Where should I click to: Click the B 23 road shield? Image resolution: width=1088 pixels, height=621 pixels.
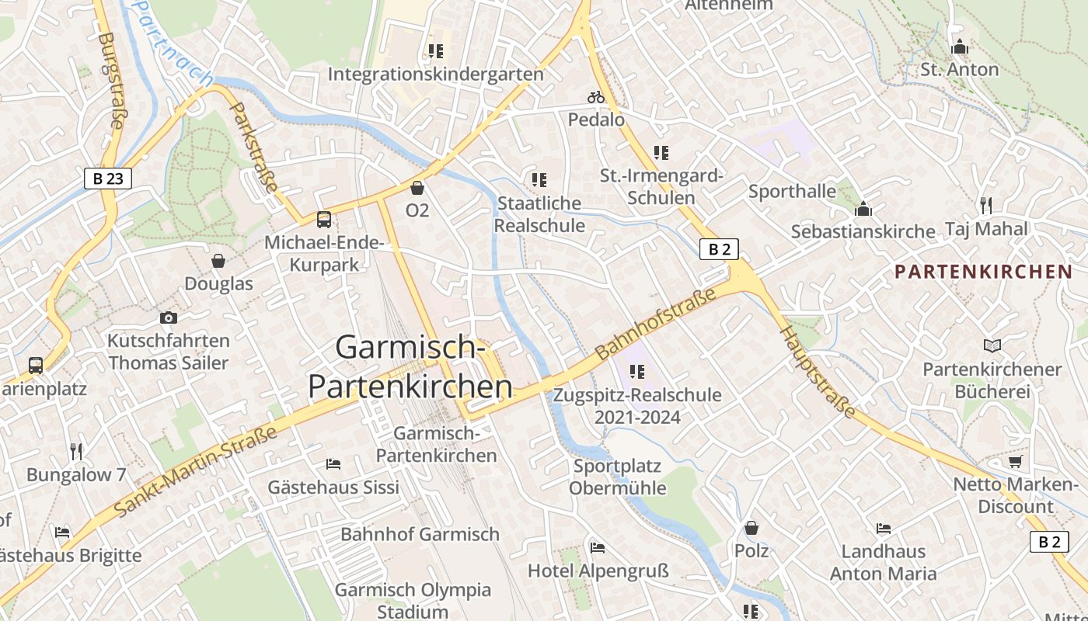(x=107, y=179)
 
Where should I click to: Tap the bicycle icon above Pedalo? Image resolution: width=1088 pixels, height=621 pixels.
(x=596, y=97)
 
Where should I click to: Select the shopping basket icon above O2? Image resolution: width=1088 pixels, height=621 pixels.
(x=417, y=188)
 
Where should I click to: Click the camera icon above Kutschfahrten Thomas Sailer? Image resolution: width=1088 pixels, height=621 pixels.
(x=168, y=317)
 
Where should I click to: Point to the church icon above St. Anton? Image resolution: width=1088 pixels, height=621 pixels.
(x=960, y=47)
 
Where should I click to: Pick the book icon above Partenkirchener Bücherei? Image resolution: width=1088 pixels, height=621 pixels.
(x=992, y=345)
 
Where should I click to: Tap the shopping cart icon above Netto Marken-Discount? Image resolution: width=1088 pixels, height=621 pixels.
(x=1015, y=462)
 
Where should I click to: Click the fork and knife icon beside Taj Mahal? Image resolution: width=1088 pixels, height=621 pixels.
(x=985, y=205)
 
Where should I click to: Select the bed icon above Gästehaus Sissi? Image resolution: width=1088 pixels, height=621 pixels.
(x=333, y=464)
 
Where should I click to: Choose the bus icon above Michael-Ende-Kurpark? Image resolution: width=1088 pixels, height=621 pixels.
(x=324, y=220)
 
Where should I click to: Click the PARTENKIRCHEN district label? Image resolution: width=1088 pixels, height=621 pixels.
(x=983, y=272)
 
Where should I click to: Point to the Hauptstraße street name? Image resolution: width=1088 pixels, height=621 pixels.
(x=818, y=371)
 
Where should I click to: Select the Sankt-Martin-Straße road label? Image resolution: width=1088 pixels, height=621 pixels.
(x=196, y=471)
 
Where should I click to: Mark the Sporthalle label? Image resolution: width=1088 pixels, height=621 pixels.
(x=792, y=191)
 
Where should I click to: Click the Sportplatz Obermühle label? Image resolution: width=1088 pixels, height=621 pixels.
(x=617, y=477)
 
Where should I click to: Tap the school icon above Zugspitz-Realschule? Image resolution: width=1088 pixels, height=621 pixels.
(x=637, y=372)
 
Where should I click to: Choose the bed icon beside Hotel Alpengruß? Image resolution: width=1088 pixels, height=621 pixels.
(x=598, y=548)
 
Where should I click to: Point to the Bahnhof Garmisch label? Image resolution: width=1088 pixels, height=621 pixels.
(x=420, y=534)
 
